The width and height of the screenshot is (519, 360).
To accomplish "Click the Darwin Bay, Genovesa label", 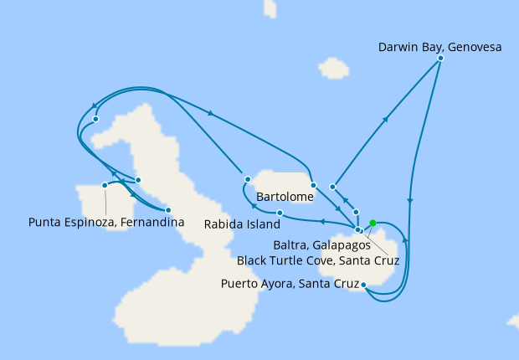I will coord(439,48).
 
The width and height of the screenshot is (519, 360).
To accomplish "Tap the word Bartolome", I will coord(285,198).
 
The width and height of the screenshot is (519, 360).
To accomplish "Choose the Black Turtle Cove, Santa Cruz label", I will coord(318,260).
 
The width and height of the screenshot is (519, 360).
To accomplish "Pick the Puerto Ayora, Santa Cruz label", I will coord(289,283).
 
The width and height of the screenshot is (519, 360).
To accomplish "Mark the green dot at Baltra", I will coord(373,223).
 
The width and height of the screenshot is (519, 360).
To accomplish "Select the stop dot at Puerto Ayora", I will coord(363,285).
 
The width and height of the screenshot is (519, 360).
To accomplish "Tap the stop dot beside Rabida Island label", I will coord(280,213).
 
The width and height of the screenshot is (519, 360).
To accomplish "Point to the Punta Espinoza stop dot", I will coord(105,185).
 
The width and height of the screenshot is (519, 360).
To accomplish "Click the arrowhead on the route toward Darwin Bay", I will coord(386,120).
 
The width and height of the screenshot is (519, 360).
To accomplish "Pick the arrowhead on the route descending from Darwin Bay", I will coord(409,201).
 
